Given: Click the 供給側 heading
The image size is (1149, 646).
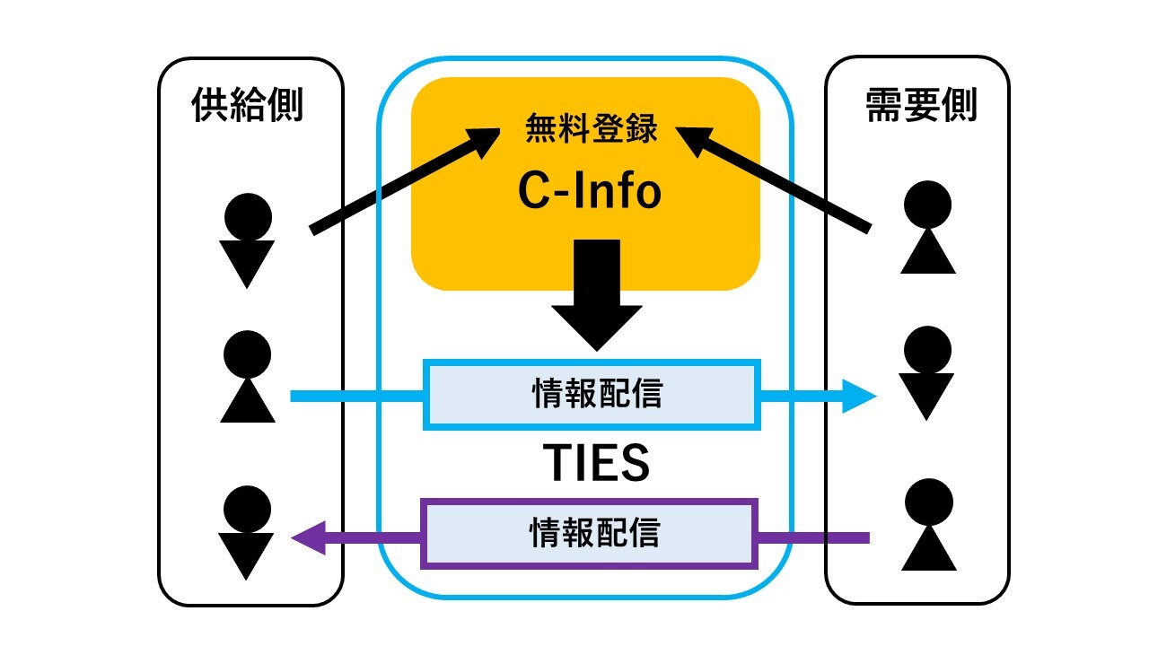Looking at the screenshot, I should point(248,107).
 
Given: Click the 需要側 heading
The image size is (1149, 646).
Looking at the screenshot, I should point(921,107).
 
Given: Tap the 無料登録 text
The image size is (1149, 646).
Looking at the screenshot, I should point(592,132).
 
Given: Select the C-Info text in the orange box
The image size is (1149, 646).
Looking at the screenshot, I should point(590,189).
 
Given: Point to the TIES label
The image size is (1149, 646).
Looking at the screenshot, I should point(597,464).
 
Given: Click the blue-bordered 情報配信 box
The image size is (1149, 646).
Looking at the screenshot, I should point(592,394).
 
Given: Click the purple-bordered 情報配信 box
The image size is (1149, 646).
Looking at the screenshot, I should point(590,533).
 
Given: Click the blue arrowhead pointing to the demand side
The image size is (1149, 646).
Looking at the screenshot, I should point(857,395).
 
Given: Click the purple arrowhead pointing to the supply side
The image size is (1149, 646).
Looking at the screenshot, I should point(310,538).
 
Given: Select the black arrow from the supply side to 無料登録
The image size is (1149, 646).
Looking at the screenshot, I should point(404,179).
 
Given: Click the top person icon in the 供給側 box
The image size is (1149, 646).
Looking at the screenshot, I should point(247,240).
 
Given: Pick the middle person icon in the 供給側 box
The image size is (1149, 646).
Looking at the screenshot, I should point(247,377).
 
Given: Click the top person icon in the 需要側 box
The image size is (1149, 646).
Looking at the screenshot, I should point(927,228).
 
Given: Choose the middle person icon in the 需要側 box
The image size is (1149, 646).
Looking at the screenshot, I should point(926,373).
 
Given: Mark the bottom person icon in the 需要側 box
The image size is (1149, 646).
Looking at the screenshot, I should point(928,525).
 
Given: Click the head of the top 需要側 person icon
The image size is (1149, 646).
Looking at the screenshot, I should point(927,205).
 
